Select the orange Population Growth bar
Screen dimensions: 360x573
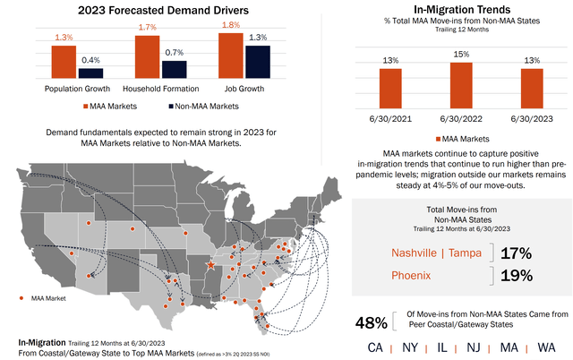[x=64, y=63]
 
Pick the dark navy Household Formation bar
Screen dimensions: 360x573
[x=174, y=70]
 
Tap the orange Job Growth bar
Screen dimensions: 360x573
[x=230, y=56]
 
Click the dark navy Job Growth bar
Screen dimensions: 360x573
[x=258, y=63]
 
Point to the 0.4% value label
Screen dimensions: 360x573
[x=90, y=61]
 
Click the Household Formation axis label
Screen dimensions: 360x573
[x=160, y=90]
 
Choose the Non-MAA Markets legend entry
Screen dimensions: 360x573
[x=205, y=107]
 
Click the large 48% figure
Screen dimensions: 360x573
[x=371, y=321]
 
